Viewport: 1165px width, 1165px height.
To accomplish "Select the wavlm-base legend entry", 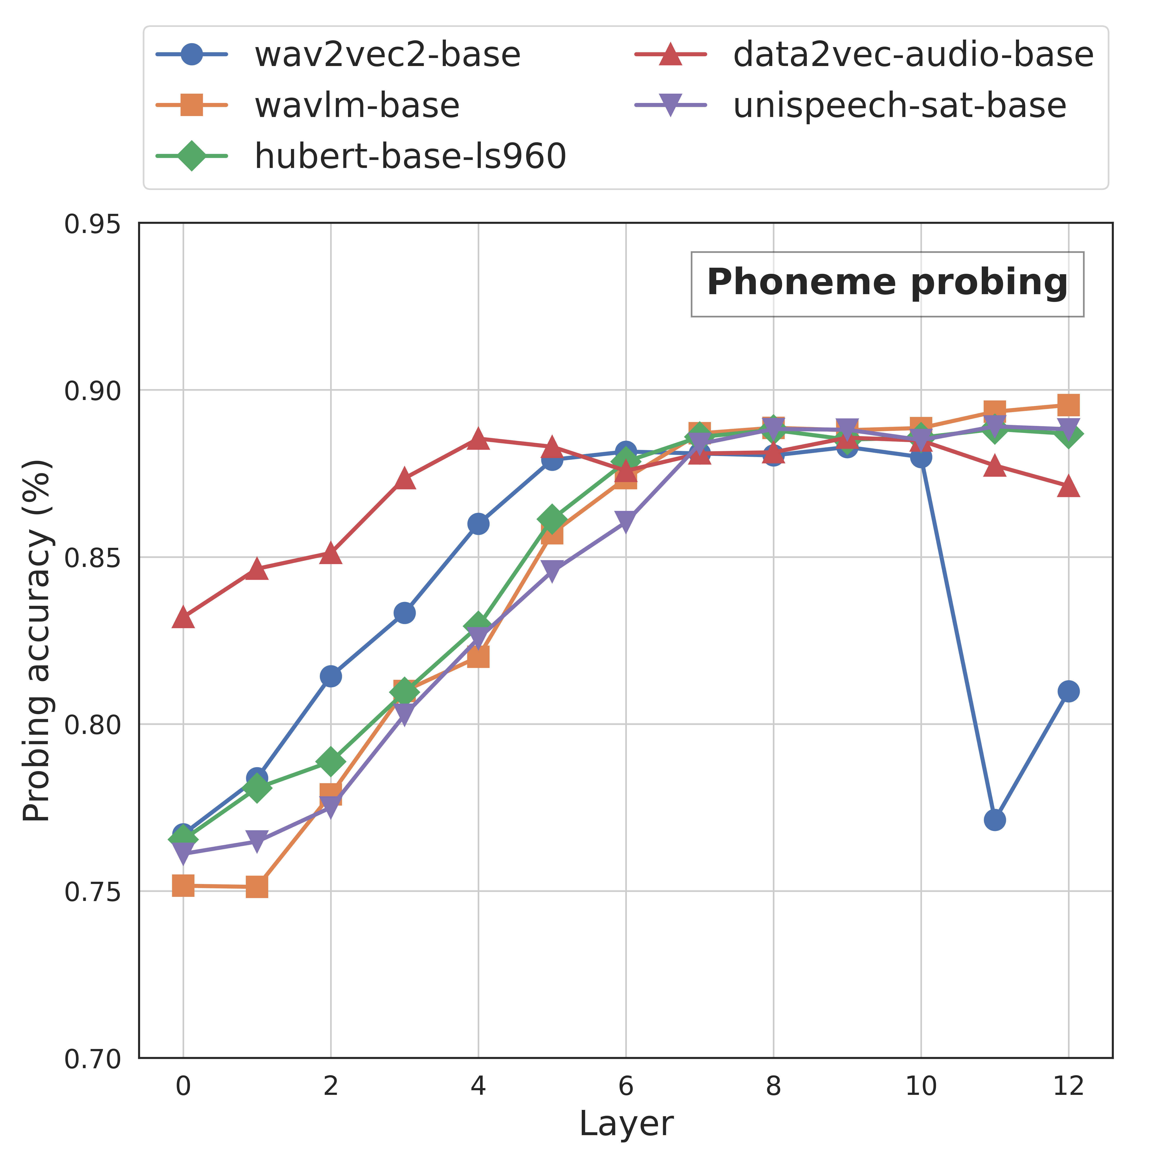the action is tap(308, 106).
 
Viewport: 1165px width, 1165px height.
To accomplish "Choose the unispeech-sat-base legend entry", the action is tap(850, 106).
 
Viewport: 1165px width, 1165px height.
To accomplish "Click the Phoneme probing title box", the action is tap(887, 283).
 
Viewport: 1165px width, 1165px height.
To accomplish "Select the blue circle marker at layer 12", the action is tap(1068, 691).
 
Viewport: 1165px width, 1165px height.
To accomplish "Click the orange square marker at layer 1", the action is tap(257, 887).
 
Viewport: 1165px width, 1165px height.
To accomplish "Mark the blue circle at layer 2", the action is tap(330, 676).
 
